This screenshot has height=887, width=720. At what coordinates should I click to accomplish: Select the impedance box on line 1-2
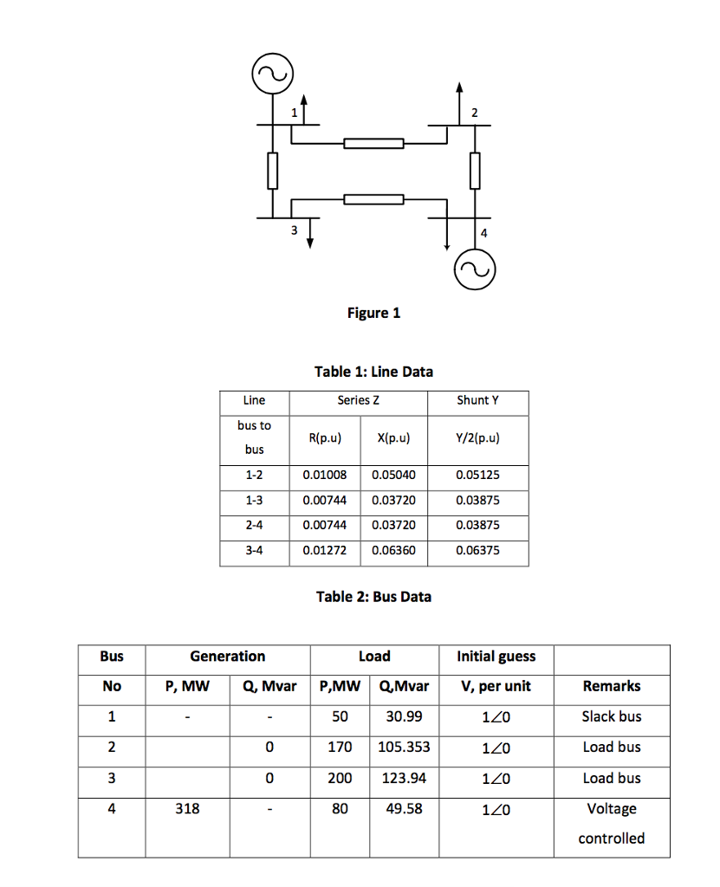click(x=373, y=144)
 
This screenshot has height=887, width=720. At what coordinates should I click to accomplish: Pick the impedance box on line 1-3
click(x=273, y=171)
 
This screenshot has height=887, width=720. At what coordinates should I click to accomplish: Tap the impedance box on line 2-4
click(x=475, y=171)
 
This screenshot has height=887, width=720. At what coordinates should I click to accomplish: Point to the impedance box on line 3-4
click(x=373, y=200)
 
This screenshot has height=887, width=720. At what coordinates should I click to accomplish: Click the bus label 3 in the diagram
click(x=294, y=230)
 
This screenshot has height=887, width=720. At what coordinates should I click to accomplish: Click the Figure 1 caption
click(x=373, y=313)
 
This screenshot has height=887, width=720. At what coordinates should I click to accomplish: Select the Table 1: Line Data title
click(x=373, y=372)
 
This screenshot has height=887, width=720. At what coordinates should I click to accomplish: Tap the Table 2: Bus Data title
click(x=373, y=596)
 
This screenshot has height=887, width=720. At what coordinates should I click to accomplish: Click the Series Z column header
click(x=358, y=400)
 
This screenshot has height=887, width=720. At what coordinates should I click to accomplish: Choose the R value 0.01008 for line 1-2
click(x=324, y=476)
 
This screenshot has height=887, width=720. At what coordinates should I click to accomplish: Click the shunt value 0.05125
click(x=477, y=476)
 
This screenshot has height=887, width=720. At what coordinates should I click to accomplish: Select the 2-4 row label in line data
click(x=254, y=525)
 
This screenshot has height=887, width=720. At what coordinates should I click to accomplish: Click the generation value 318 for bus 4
click(x=187, y=808)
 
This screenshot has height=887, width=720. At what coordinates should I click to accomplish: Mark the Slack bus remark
click(x=612, y=716)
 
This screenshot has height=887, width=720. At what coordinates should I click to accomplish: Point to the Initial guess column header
click(x=496, y=657)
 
